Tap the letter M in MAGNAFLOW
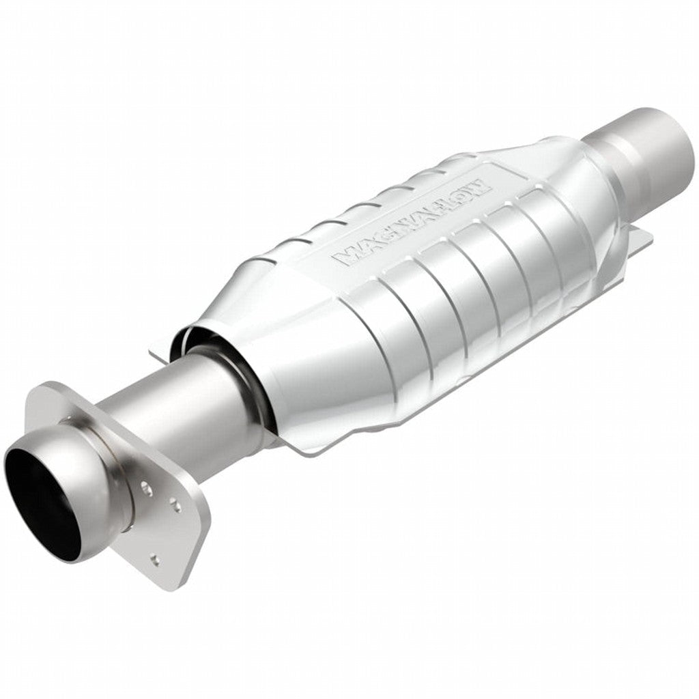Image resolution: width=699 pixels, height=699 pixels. pos(343,258)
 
